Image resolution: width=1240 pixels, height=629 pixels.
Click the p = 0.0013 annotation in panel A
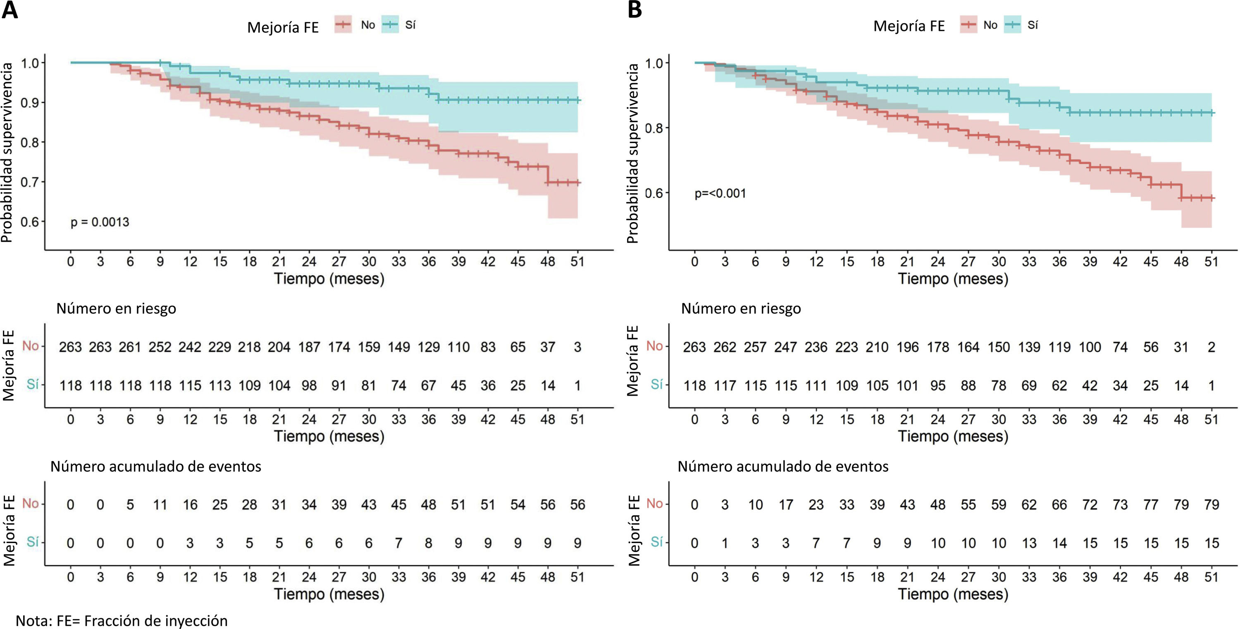[x=100, y=222]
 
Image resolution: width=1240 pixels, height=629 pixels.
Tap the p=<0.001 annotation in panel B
[x=720, y=194]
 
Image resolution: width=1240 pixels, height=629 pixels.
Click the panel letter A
[x=10, y=10]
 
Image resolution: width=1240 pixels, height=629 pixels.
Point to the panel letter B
[x=634, y=10]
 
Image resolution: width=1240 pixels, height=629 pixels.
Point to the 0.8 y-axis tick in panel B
[x=654, y=128]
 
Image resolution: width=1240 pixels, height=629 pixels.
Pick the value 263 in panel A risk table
[x=70, y=347]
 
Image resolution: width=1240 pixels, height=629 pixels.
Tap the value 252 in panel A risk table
[x=160, y=347]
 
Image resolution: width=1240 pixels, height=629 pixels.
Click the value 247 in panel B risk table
[x=786, y=347]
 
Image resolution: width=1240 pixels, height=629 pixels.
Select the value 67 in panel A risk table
[x=428, y=386]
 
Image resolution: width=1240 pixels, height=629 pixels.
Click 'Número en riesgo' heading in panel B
[x=741, y=308]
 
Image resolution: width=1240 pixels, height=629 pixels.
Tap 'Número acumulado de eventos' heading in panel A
[x=155, y=466]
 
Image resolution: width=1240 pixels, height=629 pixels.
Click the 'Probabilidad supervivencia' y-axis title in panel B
[x=632, y=153]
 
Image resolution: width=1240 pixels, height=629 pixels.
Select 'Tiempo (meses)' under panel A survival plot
[x=329, y=279]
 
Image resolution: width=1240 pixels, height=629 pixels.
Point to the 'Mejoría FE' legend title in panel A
[x=283, y=27]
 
